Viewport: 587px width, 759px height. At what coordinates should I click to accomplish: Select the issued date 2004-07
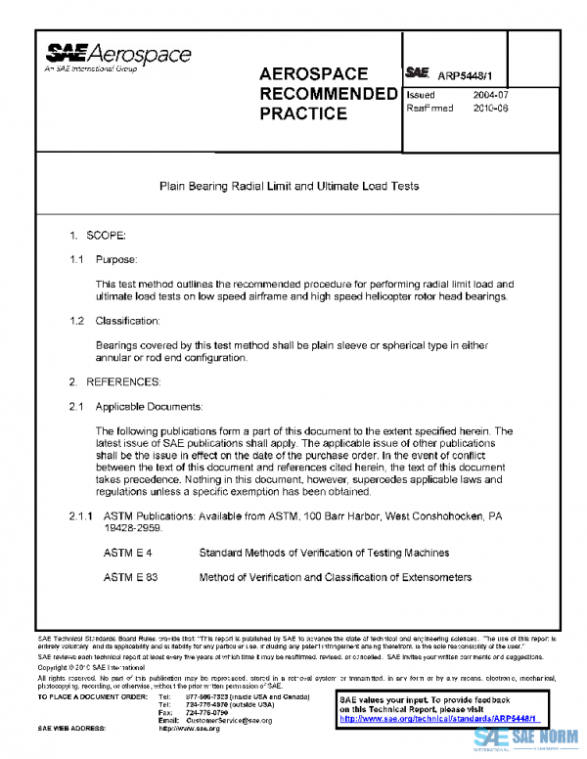pos(490,95)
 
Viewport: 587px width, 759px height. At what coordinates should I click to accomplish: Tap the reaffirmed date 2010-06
pos(490,109)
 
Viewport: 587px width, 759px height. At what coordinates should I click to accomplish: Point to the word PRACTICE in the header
pos(302,114)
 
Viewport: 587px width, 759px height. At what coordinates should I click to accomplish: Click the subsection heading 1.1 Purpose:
pos(104,260)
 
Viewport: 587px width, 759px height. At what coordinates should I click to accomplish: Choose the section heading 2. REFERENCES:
pos(113,380)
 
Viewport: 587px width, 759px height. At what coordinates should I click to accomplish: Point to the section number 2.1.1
pos(80,515)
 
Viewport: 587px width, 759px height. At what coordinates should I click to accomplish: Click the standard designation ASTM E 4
pos(127,554)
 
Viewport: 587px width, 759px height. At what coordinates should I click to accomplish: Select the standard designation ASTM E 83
pos(130,577)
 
